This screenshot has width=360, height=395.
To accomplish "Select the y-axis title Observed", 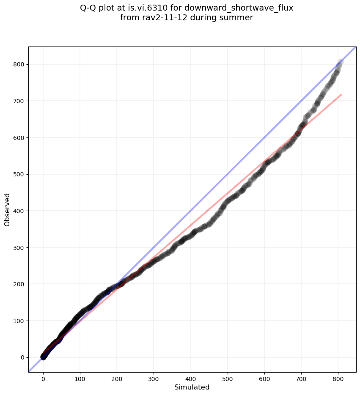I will tap(7, 210).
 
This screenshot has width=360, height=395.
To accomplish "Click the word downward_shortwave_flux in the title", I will tap(239, 8).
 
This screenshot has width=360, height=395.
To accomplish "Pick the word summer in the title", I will tap(238, 18).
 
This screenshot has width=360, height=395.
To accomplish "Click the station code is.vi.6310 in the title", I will tap(148, 8).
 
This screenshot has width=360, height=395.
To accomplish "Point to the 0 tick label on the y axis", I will tap(23, 357).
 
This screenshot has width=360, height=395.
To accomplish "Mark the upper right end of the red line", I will tap(341, 95).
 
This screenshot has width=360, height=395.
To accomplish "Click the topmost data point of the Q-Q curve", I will tap(341, 62).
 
